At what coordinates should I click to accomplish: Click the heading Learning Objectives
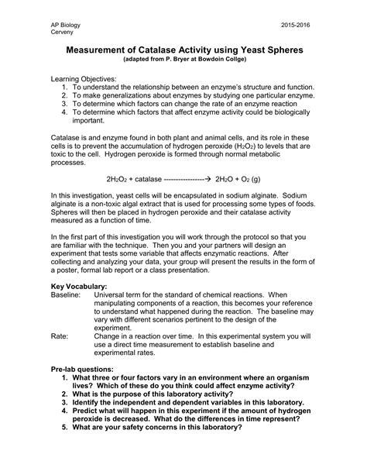pyautogui.click(x=84, y=79)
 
